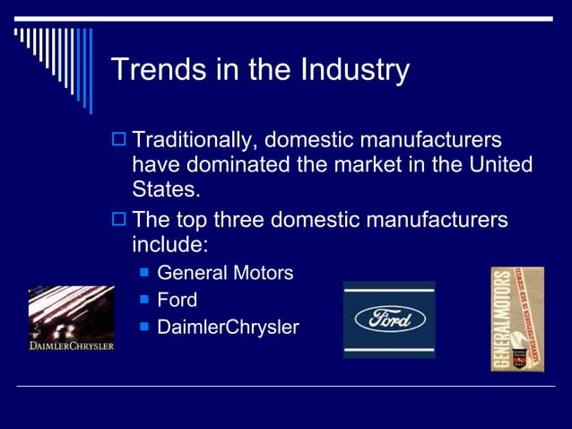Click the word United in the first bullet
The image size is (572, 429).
tap(496, 166)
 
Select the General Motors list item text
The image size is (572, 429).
tap(225, 273)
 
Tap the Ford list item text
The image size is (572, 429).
tap(177, 300)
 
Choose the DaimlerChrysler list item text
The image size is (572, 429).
tap(228, 328)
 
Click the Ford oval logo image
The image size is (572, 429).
tap(389, 320)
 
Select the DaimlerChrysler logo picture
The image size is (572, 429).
tap(71, 319)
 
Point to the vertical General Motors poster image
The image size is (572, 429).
tap(517, 319)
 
